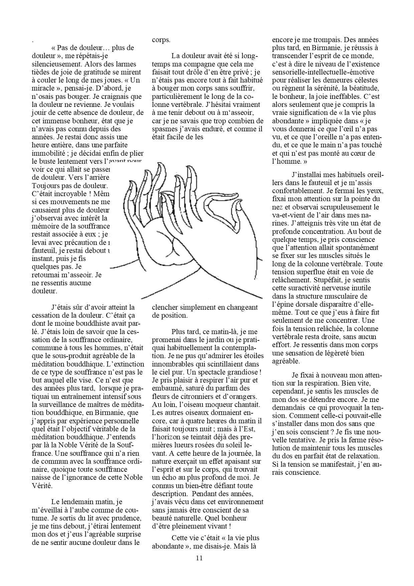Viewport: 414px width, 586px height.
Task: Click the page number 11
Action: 200,558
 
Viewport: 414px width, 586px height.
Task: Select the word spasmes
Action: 164,129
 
